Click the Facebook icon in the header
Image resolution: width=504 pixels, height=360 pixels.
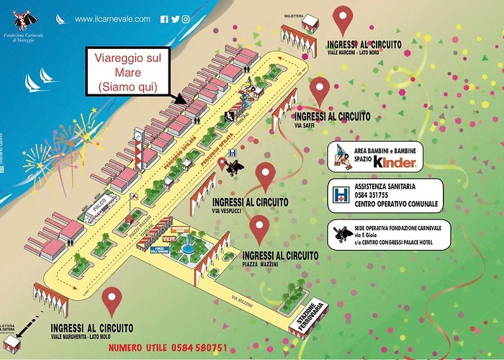point(165,19)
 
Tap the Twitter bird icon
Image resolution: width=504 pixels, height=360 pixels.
point(175,19)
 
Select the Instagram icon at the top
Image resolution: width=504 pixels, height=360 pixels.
point(186,19)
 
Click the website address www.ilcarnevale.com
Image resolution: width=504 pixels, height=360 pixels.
point(112,19)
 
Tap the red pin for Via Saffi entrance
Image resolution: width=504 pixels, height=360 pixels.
point(319,90)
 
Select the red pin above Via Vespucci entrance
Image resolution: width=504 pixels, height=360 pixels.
point(266,175)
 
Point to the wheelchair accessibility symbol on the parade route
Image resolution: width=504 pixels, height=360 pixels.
point(230,115)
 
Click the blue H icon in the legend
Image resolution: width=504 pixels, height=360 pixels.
point(338,194)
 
